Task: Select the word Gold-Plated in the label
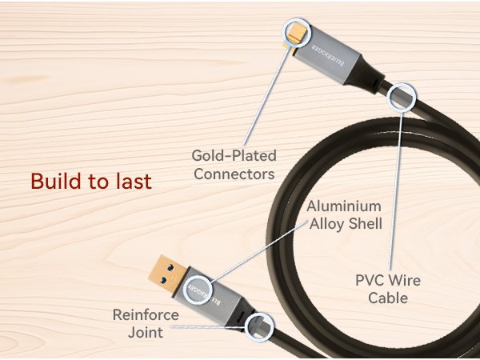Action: tap(233, 154)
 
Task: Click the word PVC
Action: tap(370, 281)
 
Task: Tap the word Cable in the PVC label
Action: tap(387, 298)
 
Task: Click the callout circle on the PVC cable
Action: tap(402, 98)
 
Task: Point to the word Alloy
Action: tap(326, 225)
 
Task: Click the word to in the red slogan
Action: tap(99, 182)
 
